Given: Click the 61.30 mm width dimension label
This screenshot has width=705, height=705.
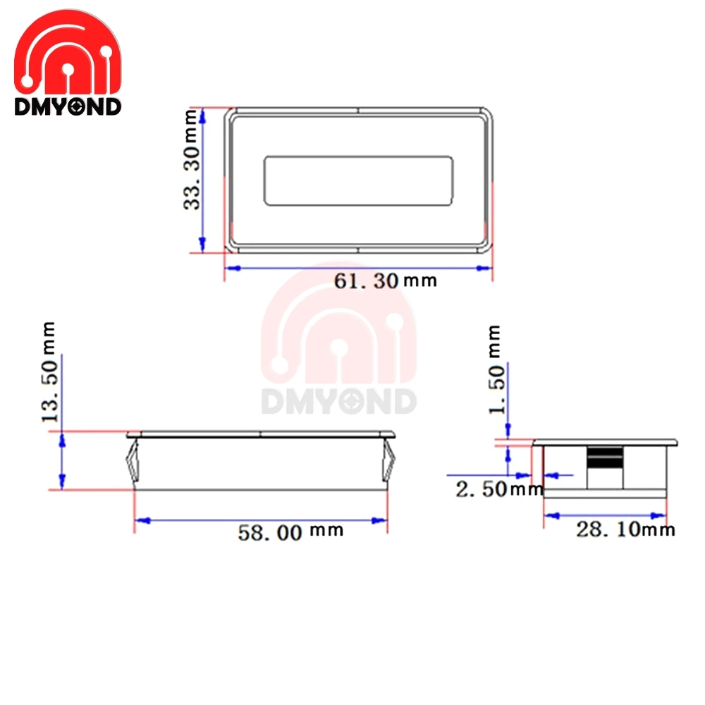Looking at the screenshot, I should point(385,281).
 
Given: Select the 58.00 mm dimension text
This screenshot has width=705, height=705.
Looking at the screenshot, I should point(290,532).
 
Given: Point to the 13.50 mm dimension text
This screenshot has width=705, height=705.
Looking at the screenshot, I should point(49,372).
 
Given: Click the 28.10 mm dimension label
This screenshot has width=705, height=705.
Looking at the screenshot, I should point(625,529).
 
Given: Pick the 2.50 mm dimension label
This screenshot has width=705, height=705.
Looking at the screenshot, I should point(498,489).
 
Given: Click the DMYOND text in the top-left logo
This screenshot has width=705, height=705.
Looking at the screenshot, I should point(68,107).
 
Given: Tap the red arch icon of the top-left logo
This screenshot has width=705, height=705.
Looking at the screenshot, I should point(68,54).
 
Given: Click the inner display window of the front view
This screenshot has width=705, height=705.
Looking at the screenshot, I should point(358,181).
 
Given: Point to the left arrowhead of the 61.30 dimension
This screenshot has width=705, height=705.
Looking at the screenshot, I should point(231,268).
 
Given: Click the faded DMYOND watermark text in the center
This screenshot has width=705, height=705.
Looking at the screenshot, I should point(339,402).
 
